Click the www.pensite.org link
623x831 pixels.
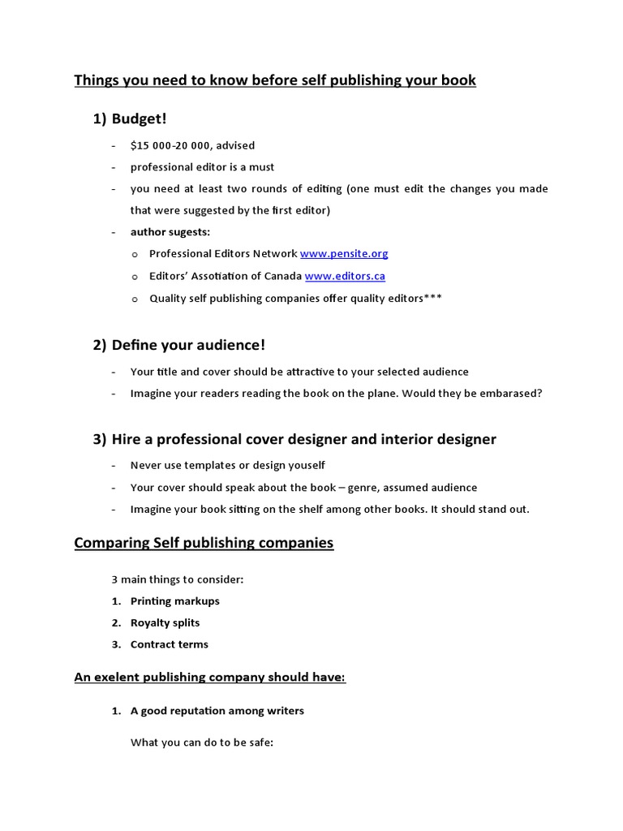[344, 253]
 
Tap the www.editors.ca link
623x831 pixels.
[345, 276]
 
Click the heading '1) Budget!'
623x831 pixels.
[130, 118]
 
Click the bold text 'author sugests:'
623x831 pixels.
[170, 231]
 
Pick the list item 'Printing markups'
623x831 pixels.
[174, 601]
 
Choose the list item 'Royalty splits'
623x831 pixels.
[165, 622]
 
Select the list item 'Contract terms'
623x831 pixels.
[169, 644]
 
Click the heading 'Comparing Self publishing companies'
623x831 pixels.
[204, 543]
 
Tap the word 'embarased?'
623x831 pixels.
[512, 393]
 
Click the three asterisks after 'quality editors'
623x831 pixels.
[433, 299]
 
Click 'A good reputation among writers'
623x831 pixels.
[217, 711]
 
